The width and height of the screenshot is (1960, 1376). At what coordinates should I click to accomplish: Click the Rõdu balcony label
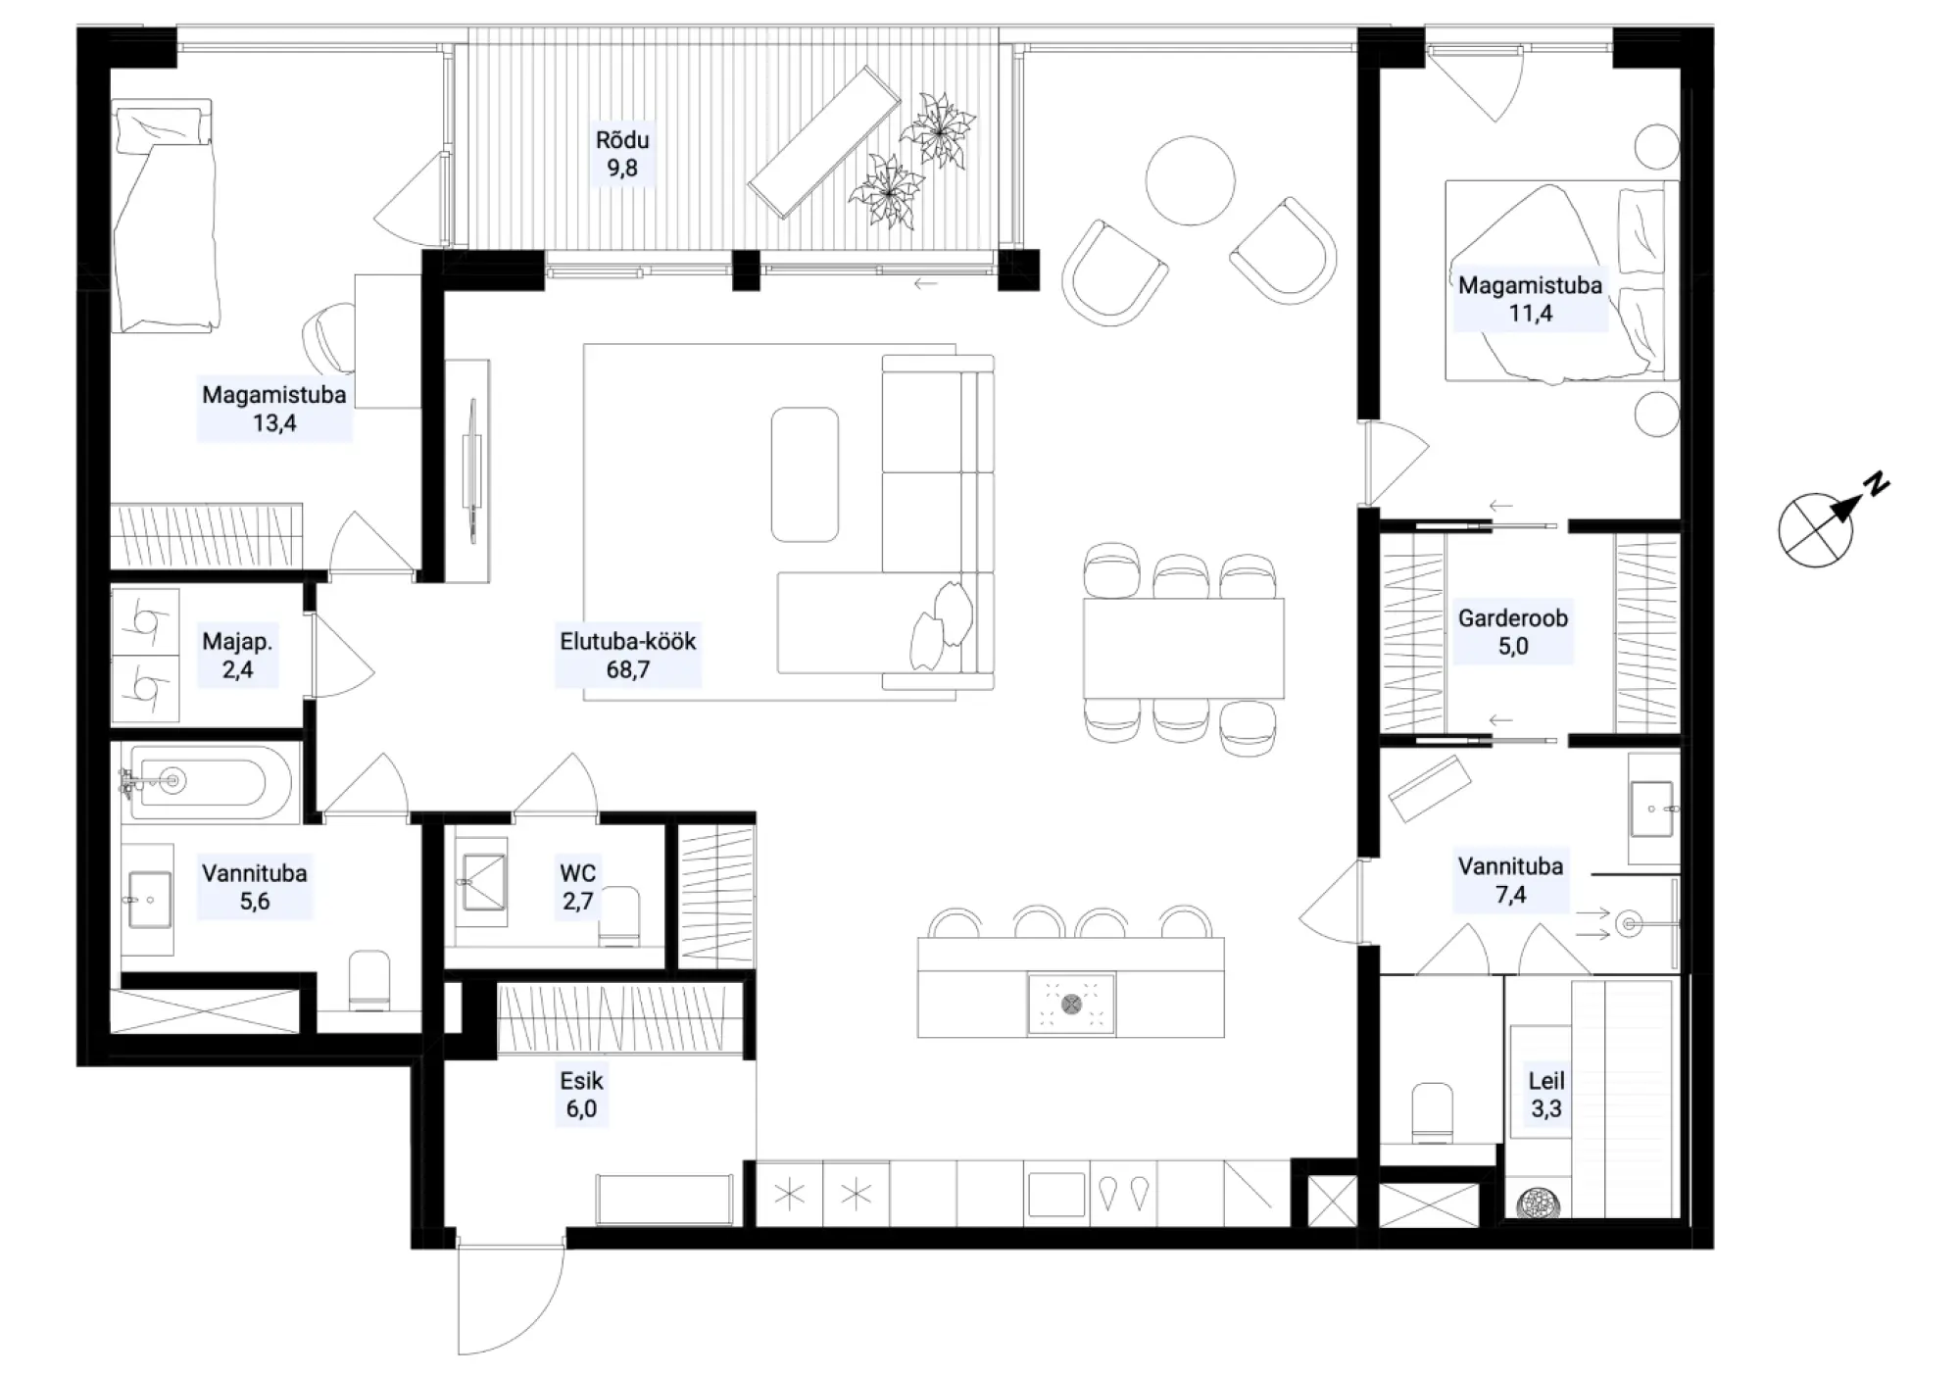pyautogui.click(x=622, y=154)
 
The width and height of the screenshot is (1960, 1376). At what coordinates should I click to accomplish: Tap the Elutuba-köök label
pyautogui.click(x=628, y=656)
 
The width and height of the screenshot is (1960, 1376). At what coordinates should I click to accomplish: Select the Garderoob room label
pyautogui.click(x=1513, y=632)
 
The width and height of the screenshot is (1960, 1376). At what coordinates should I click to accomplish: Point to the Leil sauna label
pyautogui.click(x=1546, y=1095)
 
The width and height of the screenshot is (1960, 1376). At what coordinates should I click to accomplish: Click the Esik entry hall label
pyautogui.click(x=581, y=1095)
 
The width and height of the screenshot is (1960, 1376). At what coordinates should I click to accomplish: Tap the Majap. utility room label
pyautogui.click(x=237, y=656)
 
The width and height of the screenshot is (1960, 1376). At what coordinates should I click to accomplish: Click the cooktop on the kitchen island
pyautogui.click(x=1071, y=1004)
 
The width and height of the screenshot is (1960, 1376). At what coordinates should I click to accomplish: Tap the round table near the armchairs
pyautogui.click(x=1190, y=180)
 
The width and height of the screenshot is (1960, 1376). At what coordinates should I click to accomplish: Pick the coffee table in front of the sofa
pyautogui.click(x=805, y=474)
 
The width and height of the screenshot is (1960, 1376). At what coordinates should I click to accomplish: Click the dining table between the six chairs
pyautogui.click(x=1183, y=648)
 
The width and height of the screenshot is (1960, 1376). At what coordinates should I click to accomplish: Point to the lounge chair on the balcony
pyautogui.click(x=824, y=142)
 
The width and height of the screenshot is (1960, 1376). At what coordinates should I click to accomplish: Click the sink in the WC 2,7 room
pyautogui.click(x=482, y=882)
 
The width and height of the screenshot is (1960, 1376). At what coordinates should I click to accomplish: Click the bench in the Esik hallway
pyautogui.click(x=664, y=1199)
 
